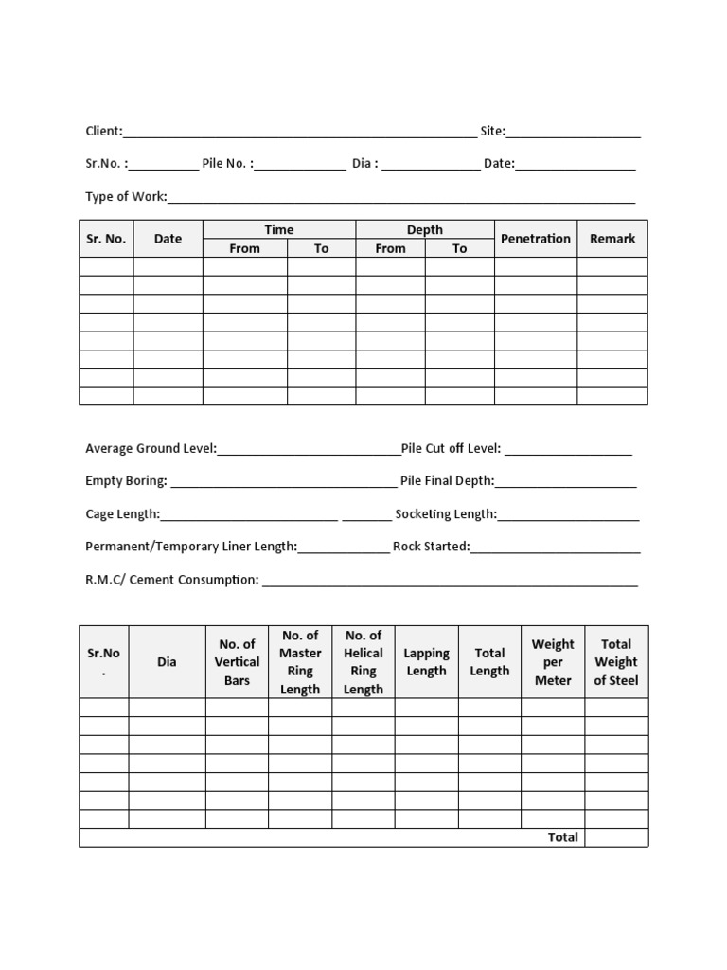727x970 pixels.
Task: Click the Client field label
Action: pos(103,132)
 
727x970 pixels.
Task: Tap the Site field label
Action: pos(492,132)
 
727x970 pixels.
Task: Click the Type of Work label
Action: pos(126,196)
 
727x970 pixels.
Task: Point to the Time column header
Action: pos(279,229)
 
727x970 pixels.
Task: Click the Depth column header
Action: pos(425,229)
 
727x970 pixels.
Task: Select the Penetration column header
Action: pos(536,239)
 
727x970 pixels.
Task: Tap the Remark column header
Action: pos(612,239)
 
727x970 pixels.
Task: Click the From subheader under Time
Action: pos(244,248)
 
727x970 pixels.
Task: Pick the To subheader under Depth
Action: pos(459,248)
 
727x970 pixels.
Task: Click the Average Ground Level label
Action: pos(151,448)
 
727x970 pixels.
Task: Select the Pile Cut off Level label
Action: pos(451,448)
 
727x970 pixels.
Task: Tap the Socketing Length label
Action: pos(445,514)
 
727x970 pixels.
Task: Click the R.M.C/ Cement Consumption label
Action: pos(171,579)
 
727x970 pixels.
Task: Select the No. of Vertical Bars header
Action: pos(237,662)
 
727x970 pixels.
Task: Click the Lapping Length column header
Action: pos(426,662)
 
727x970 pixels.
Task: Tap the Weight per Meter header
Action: pos(553,662)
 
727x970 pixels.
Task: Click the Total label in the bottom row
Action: pos(562,837)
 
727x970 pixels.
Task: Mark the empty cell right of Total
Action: pos(616,837)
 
